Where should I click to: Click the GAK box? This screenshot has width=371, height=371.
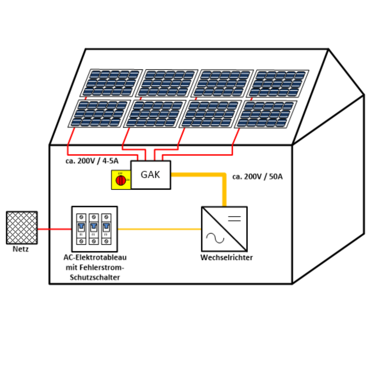click(x=150, y=175)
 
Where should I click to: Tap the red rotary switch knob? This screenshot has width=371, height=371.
click(x=121, y=180)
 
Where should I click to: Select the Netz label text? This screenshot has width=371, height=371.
click(x=21, y=249)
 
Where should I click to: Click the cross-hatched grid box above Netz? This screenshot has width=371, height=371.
click(x=22, y=228)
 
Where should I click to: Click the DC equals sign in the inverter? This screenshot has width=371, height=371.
click(x=235, y=218)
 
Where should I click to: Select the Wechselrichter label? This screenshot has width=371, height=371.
click(x=226, y=258)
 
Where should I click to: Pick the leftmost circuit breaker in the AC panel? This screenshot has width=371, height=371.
click(x=81, y=229)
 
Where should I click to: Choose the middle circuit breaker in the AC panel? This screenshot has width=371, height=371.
click(x=93, y=229)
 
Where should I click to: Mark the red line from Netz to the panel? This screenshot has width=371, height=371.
click(x=54, y=228)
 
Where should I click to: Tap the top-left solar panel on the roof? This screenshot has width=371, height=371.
click(x=111, y=83)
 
